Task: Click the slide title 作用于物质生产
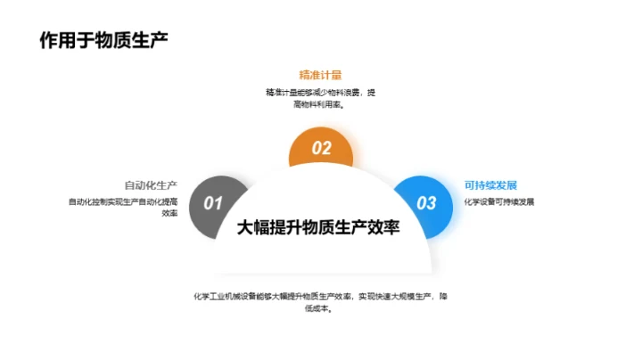[x=104, y=41]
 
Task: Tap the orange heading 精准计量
[x=321, y=75]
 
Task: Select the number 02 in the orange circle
[x=321, y=149]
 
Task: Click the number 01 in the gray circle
[x=214, y=203]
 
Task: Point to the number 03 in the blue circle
[x=427, y=203]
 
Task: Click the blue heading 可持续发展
[x=490, y=185]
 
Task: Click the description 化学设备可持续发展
[x=498, y=201]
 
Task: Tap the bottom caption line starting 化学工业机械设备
[x=320, y=296]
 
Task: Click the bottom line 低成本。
[x=320, y=308]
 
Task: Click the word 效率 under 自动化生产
[x=169, y=214]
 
